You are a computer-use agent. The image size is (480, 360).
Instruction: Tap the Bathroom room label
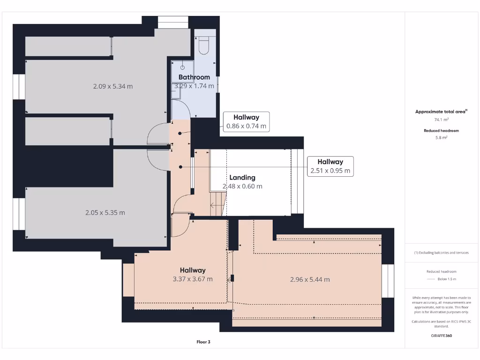194,77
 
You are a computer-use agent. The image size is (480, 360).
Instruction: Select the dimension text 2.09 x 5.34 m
113,86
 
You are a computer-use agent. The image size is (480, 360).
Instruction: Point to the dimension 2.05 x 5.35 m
105,212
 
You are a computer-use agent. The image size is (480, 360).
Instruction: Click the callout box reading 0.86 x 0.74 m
246,122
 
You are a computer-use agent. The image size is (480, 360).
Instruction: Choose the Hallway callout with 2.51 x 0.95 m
330,166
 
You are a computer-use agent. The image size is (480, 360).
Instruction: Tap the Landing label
242,178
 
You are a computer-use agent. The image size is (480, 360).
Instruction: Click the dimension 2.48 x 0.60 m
242,186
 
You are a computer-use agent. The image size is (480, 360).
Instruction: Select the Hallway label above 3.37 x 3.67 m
193,270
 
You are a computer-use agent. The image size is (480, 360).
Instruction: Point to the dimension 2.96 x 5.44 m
309,279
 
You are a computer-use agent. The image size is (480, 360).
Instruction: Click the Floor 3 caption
203,342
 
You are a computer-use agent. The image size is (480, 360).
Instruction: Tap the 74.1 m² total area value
442,120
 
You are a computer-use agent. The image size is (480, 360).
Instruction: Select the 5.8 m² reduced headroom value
442,138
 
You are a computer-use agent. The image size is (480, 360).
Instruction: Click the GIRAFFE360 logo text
442,336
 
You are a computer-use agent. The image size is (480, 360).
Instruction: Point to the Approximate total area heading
441,112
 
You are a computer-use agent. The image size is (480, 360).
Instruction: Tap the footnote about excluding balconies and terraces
442,253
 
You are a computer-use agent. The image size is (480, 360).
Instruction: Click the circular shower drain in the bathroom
182,68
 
